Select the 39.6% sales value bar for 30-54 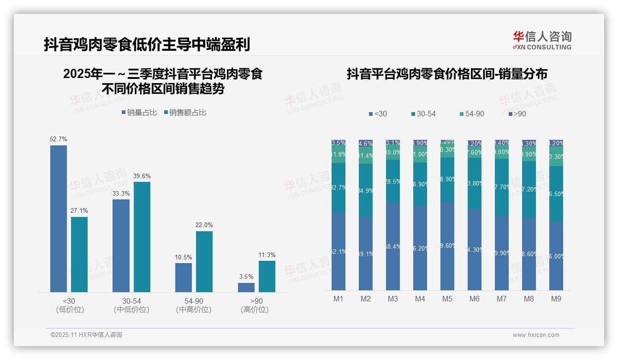[x=142, y=237]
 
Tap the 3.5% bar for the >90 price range [x=246, y=287]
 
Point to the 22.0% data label [x=204, y=225]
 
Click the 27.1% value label [x=79, y=211]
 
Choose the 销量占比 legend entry [x=139, y=113]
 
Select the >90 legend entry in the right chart [x=517, y=114]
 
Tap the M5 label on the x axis [x=447, y=299]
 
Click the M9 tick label [x=556, y=299]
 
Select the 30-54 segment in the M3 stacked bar [x=393, y=181]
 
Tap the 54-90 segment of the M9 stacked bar [x=556, y=156]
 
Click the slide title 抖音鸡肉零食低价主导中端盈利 [x=147, y=45]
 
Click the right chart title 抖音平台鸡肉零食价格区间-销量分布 [x=447, y=74]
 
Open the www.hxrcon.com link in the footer [x=536, y=335]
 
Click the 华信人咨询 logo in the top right [x=542, y=40]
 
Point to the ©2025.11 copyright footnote [x=86, y=335]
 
